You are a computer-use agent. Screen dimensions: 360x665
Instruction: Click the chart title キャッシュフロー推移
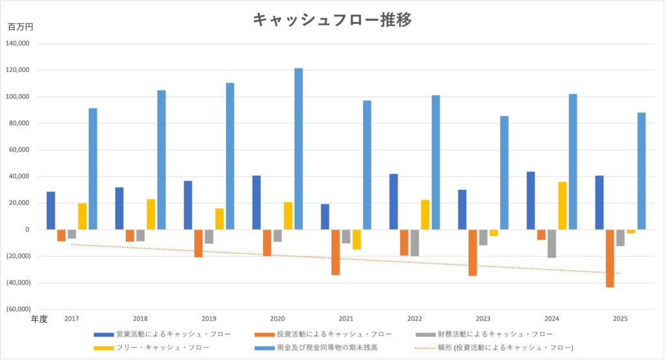tap(332, 20)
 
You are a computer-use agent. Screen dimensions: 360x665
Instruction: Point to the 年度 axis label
tap(40, 319)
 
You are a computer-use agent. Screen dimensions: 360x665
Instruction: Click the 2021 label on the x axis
tap(346, 319)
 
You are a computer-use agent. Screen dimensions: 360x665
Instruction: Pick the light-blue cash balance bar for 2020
tap(298, 149)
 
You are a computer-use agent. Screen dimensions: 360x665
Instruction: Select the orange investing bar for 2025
tap(610, 258)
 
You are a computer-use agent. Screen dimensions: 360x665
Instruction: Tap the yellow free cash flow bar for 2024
tap(562, 205)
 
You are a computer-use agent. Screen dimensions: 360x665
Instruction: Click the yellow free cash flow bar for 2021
tap(357, 239)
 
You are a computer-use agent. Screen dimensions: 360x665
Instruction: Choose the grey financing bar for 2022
tap(414, 242)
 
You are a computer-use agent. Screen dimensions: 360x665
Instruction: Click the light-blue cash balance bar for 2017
tap(93, 168)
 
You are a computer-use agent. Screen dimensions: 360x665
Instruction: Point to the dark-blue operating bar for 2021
tap(325, 216)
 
